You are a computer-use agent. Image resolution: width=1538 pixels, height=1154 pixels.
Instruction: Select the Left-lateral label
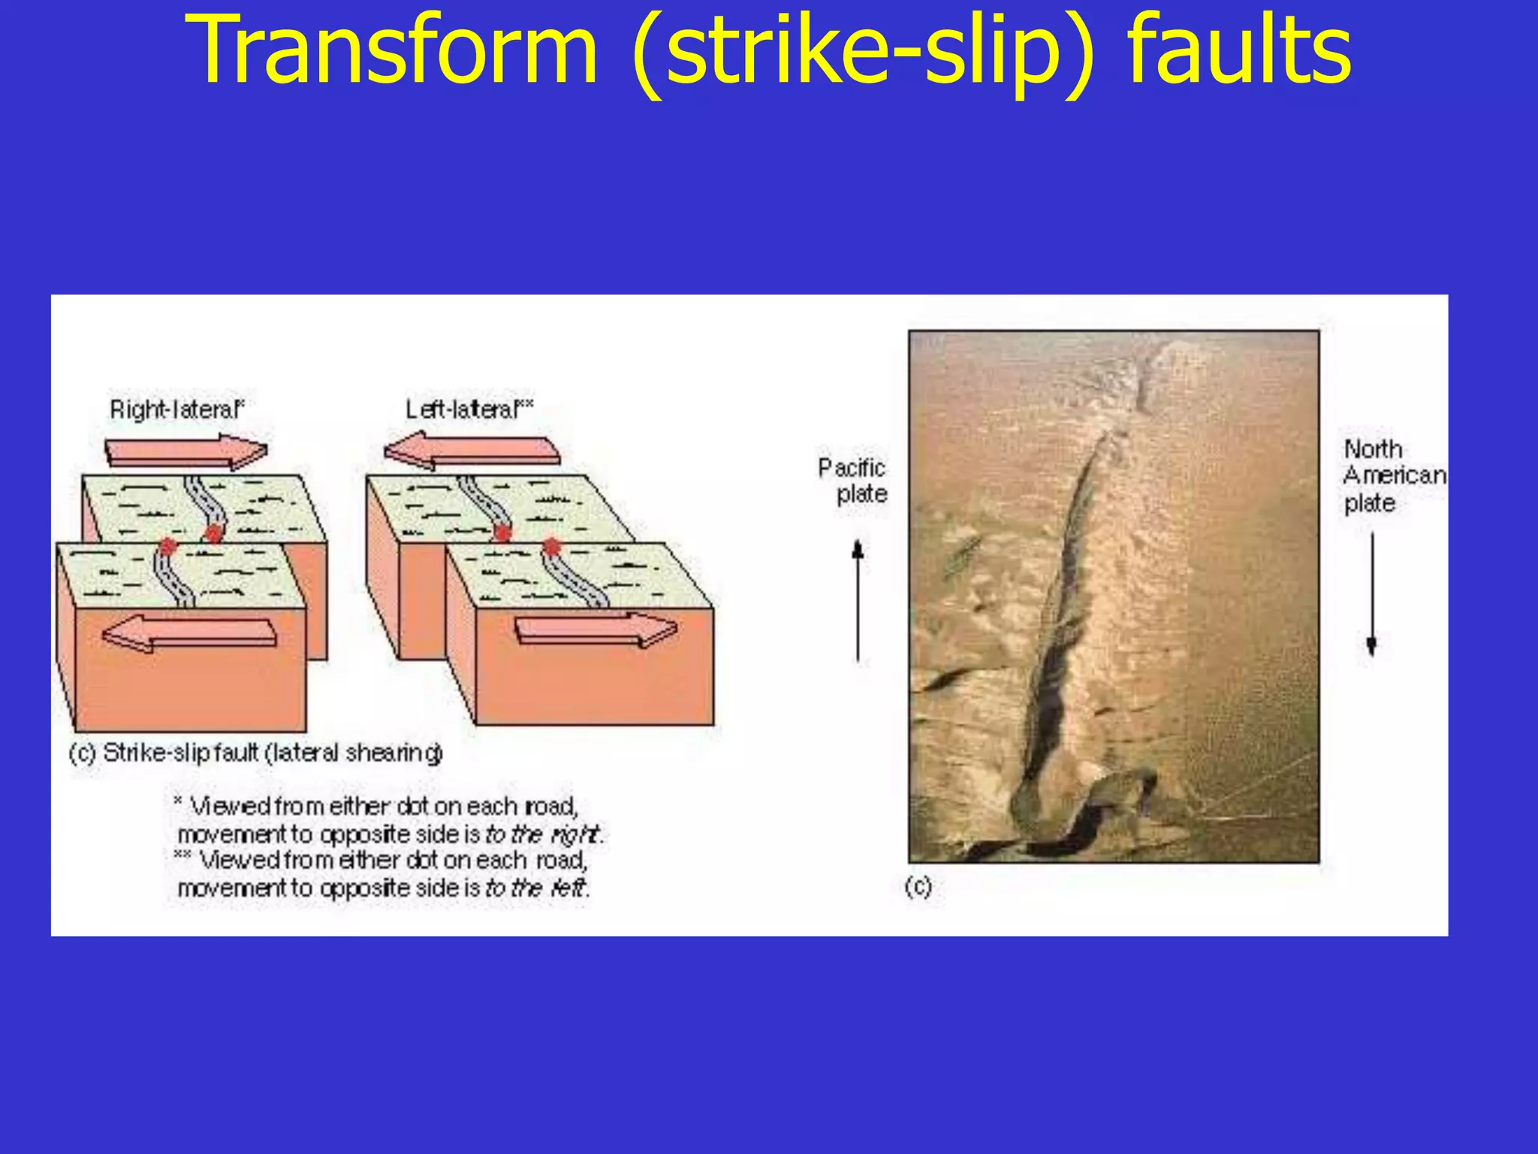pos(469,409)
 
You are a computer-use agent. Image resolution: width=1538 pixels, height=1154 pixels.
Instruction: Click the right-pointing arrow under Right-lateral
pos(186,452)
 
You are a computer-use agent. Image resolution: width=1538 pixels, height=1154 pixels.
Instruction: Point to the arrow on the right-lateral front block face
pos(189,633)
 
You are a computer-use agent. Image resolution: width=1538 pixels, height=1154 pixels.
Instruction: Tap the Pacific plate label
pos(854,481)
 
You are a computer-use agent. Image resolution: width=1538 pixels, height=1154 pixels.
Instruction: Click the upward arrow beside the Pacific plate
pos(858,601)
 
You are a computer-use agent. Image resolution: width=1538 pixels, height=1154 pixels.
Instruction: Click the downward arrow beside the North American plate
pos(1371,594)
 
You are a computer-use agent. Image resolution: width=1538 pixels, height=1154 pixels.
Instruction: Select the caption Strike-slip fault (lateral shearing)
pos(255,753)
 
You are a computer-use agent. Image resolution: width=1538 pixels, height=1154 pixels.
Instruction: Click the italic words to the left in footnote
pos(536,888)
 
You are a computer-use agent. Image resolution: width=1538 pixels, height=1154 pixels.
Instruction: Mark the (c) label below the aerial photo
pos(918,887)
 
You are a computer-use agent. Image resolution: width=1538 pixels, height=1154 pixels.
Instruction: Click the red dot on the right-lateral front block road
pos(167,546)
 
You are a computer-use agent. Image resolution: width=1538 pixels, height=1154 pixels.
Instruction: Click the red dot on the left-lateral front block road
pos(552,547)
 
